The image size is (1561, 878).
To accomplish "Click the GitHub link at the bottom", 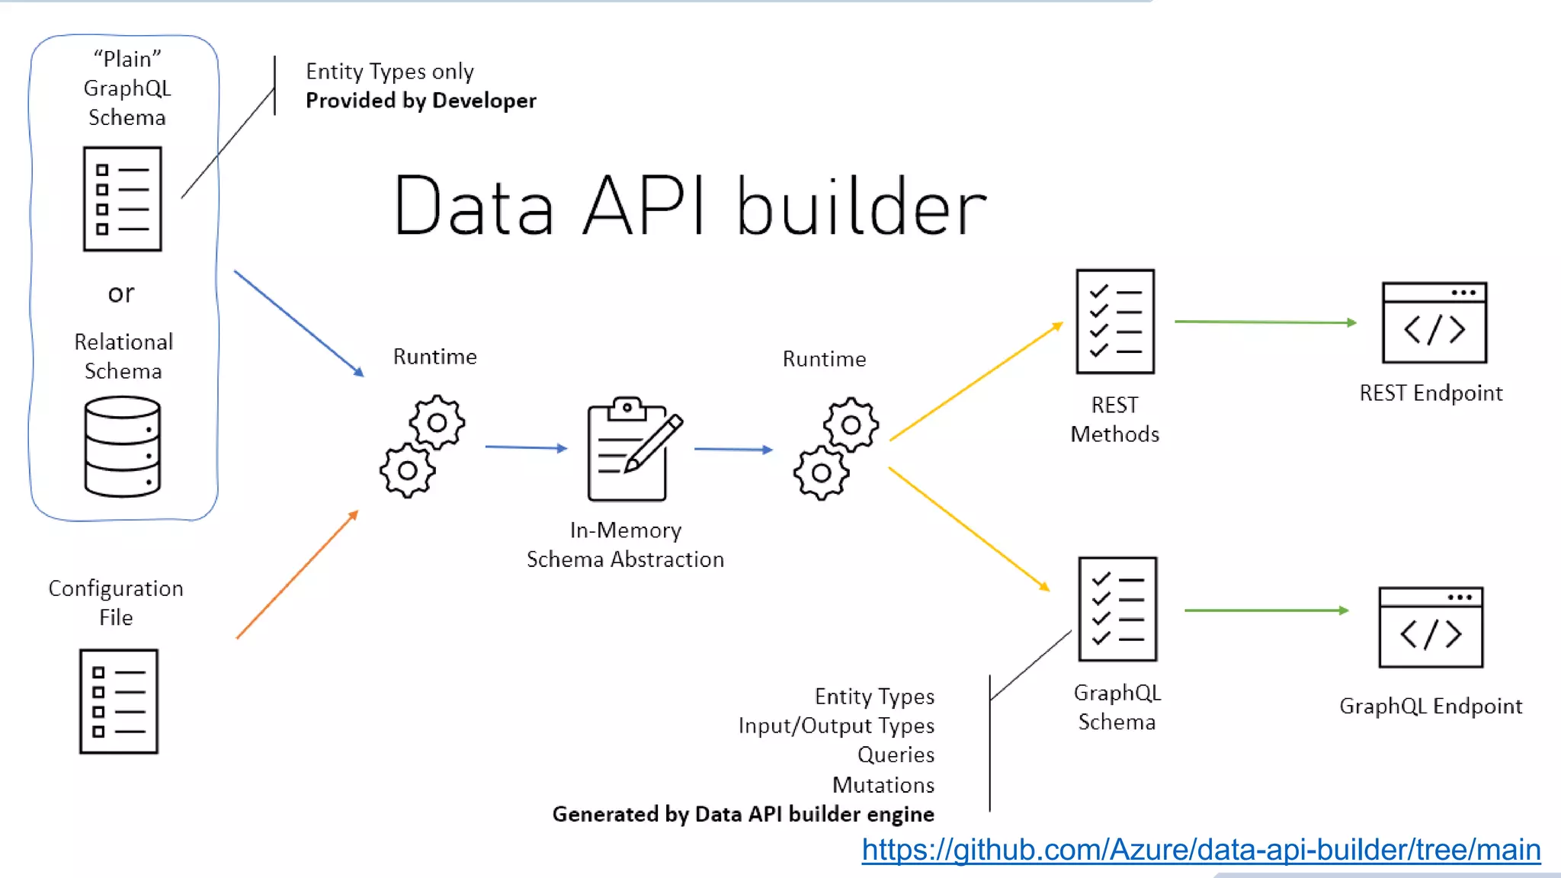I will pyautogui.click(x=1200, y=850).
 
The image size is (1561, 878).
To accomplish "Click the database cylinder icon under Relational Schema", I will pyautogui.click(x=123, y=447).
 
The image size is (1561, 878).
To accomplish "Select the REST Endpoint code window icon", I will pyautogui.click(x=1434, y=323).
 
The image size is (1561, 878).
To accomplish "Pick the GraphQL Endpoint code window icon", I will pyautogui.click(x=1431, y=627).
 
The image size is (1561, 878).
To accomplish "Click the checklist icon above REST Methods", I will pyautogui.click(x=1115, y=322).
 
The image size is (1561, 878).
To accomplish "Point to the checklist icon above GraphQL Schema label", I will pyautogui.click(x=1117, y=609).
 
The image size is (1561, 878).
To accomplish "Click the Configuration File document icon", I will pyautogui.click(x=119, y=701).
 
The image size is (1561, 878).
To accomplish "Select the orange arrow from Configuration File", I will pyautogui.click(x=297, y=575).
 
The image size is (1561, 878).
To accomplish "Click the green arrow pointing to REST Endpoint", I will pyautogui.click(x=1265, y=322).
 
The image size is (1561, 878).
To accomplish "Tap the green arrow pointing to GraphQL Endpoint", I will pyautogui.click(x=1266, y=610).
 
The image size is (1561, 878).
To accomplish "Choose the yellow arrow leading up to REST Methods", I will pyautogui.click(x=976, y=381).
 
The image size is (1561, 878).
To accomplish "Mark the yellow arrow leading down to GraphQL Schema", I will pyautogui.click(x=969, y=529).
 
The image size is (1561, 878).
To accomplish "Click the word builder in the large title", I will pyautogui.click(x=861, y=206).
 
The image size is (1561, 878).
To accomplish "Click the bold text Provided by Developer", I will pyautogui.click(x=421, y=101).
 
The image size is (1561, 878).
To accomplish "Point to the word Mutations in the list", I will pyautogui.click(x=883, y=784).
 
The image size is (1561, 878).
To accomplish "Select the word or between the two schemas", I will pyautogui.click(x=121, y=293).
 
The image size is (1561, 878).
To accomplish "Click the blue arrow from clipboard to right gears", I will pyautogui.click(x=733, y=450).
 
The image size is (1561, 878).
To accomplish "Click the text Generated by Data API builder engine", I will pyautogui.click(x=743, y=814).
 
